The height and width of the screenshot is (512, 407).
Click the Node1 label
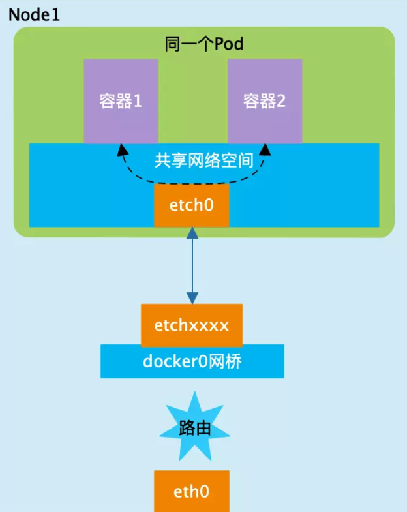[x=34, y=14]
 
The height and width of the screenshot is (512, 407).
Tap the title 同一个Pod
[x=203, y=44]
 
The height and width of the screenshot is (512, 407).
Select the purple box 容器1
[x=121, y=101]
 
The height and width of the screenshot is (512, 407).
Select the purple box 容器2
[x=264, y=101]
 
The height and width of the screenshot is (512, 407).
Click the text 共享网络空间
[x=203, y=161]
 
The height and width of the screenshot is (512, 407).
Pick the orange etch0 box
[x=192, y=205]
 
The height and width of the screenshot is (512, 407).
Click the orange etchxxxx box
[x=192, y=325]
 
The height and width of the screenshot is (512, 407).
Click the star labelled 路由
[x=194, y=428]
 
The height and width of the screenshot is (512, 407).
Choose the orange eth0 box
[x=192, y=491]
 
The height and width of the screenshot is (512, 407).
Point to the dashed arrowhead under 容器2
[x=265, y=150]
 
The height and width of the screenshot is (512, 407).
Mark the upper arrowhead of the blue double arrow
[x=192, y=232]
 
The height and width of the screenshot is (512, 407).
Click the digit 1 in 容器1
[x=138, y=102]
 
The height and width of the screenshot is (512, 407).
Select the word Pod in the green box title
[x=230, y=44]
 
